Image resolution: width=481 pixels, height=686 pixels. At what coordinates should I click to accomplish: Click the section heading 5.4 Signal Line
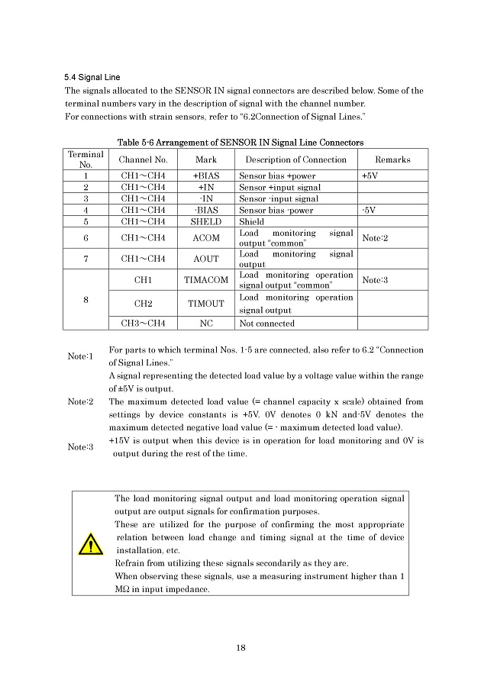(x=92, y=77)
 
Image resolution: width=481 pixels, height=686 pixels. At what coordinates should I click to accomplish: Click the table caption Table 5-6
(x=240, y=143)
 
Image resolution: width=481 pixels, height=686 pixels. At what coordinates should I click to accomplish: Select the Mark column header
(x=206, y=159)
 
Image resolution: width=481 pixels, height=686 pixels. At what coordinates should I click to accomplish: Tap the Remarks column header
(x=392, y=159)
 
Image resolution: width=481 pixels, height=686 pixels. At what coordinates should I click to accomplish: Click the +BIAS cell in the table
(x=206, y=176)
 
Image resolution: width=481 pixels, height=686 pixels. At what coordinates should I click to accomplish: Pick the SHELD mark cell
(x=206, y=222)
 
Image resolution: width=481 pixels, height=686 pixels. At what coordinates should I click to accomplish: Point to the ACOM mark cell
(x=206, y=239)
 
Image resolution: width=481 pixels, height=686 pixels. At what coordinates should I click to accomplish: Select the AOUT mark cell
(x=206, y=259)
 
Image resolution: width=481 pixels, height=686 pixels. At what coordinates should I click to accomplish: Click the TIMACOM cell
(x=206, y=280)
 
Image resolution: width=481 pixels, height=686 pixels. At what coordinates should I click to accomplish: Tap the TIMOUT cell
(x=206, y=303)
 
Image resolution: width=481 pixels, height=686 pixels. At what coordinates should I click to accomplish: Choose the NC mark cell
(x=206, y=324)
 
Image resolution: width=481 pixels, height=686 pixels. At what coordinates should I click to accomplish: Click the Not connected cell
(x=266, y=324)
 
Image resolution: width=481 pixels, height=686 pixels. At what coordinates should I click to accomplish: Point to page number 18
(x=240, y=649)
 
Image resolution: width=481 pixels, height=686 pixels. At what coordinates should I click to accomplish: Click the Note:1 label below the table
(x=80, y=356)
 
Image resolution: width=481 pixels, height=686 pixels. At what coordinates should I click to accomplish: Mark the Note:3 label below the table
(x=80, y=447)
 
